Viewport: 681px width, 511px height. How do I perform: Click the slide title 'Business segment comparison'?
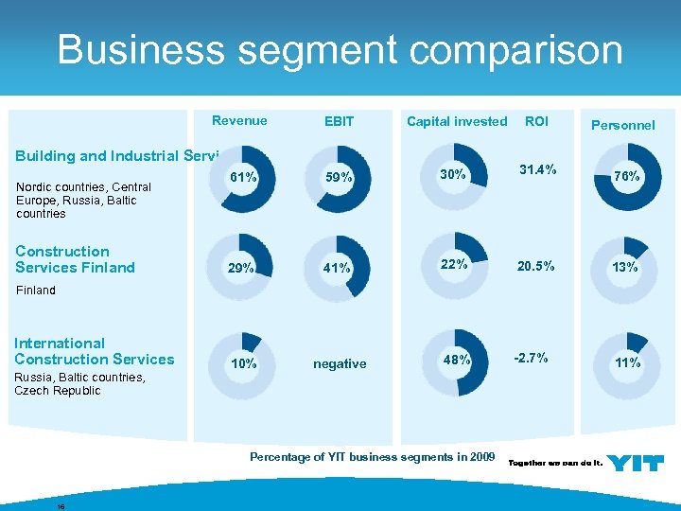[340, 49]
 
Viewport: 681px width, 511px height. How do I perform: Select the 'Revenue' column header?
[239, 120]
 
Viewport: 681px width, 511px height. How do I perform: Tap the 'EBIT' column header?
[339, 121]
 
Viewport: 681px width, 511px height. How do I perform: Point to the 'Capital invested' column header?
[457, 121]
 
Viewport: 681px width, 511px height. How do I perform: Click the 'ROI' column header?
[536, 121]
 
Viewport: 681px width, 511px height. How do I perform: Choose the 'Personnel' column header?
[622, 125]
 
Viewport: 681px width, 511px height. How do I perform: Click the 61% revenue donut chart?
[244, 177]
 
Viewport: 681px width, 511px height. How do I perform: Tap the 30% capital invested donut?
[456, 175]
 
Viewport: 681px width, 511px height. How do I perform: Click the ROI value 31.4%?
[537, 169]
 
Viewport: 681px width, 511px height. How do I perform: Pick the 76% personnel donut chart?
[625, 176]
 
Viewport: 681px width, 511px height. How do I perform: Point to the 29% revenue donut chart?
[244, 268]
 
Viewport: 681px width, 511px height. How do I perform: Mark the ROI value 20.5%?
[536, 267]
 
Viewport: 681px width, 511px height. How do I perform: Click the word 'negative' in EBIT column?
[340, 363]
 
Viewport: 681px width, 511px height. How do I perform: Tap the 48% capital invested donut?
[456, 361]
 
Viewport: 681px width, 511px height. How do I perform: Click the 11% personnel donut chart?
[625, 362]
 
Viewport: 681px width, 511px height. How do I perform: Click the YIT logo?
[635, 462]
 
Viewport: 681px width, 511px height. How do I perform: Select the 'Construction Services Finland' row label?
[75, 259]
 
